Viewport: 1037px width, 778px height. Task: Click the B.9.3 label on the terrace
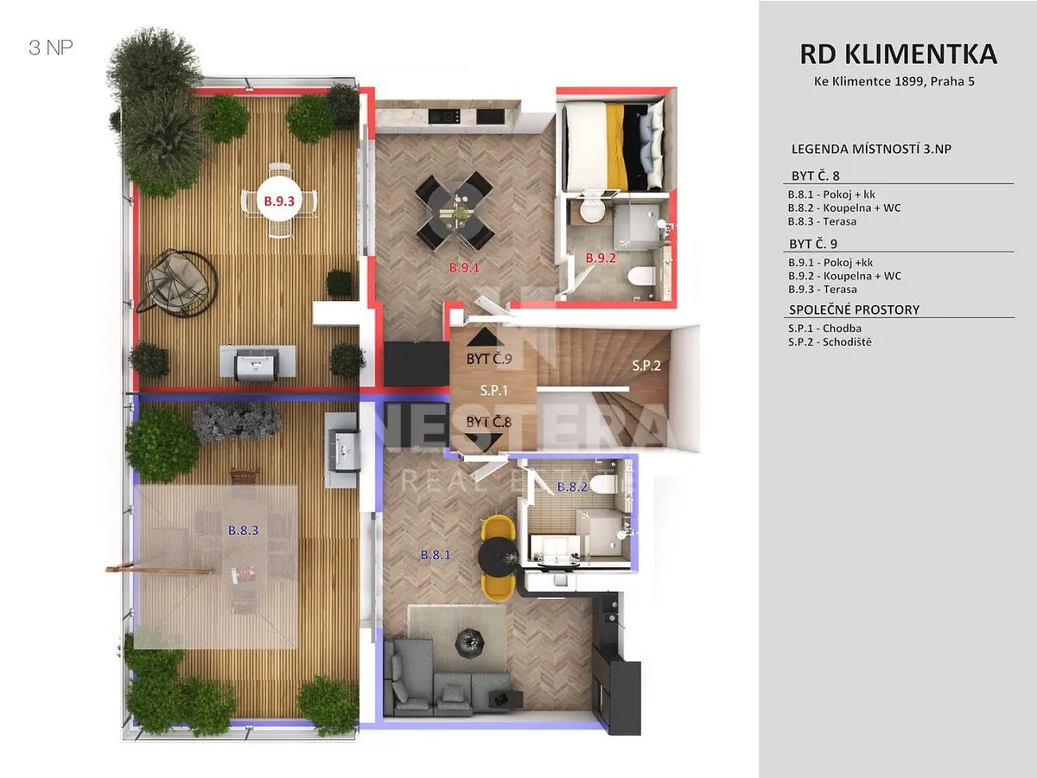(x=279, y=201)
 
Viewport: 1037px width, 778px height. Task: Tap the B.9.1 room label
(x=464, y=268)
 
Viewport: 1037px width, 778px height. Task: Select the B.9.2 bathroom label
(x=601, y=258)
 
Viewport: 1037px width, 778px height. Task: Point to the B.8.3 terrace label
(x=244, y=531)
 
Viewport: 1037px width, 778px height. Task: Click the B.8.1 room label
(x=436, y=555)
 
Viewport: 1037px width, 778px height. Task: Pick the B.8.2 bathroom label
(x=572, y=487)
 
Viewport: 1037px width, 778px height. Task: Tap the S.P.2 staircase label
(x=646, y=365)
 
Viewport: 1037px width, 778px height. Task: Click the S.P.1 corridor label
(x=493, y=391)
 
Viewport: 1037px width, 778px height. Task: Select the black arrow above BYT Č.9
(x=485, y=337)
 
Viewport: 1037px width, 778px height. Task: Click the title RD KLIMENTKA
(x=898, y=54)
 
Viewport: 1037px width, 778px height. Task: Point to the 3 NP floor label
(x=50, y=48)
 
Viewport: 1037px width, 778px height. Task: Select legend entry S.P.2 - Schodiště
(x=830, y=342)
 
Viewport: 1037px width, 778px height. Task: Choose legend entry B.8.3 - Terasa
(x=822, y=221)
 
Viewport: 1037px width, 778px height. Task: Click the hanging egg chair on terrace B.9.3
(x=177, y=282)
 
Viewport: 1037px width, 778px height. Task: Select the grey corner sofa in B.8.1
(x=446, y=677)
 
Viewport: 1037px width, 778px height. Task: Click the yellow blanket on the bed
(x=616, y=146)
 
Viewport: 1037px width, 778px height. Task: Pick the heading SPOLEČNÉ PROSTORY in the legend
(x=854, y=309)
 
